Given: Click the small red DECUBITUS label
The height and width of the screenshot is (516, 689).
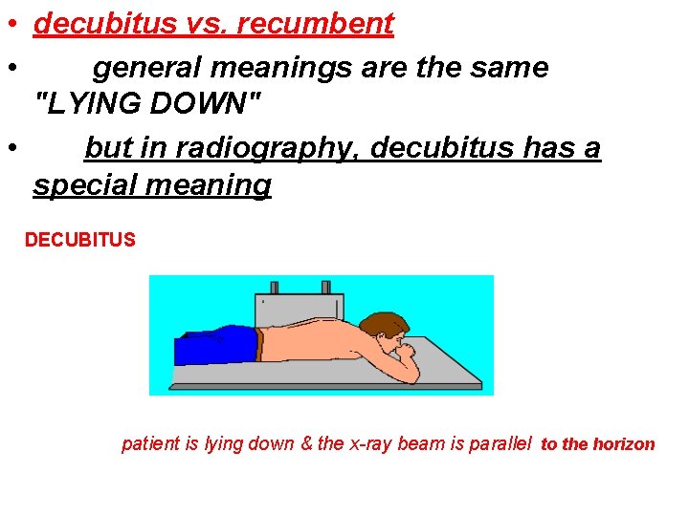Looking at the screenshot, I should (80, 240).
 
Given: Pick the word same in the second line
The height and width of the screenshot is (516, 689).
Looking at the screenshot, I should (513, 68).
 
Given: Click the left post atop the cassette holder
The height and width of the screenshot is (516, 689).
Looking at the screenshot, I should (275, 288).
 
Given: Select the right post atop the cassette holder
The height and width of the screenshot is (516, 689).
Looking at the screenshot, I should (325, 288).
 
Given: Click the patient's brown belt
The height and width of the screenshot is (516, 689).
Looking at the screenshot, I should (259, 344).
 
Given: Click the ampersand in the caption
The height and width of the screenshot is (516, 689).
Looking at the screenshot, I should (308, 444).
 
